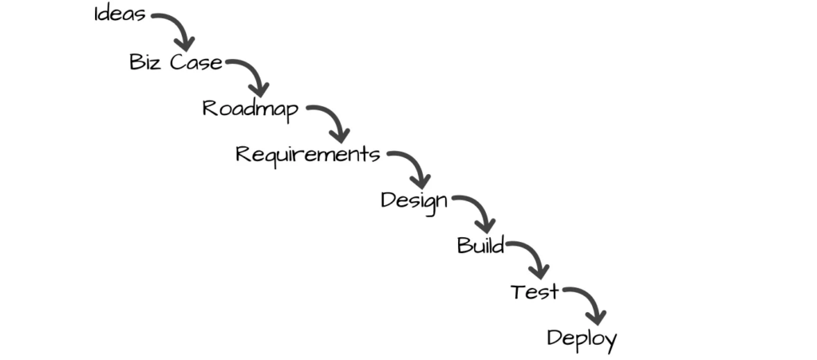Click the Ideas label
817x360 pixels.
pos(120,15)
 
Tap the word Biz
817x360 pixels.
pos(146,62)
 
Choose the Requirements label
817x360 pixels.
pos(307,154)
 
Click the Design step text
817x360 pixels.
pos(414,200)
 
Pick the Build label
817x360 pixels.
pos(480,245)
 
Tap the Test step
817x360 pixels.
pos(535,292)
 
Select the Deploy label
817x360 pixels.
pos(582,338)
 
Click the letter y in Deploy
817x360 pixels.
pos(609,342)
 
